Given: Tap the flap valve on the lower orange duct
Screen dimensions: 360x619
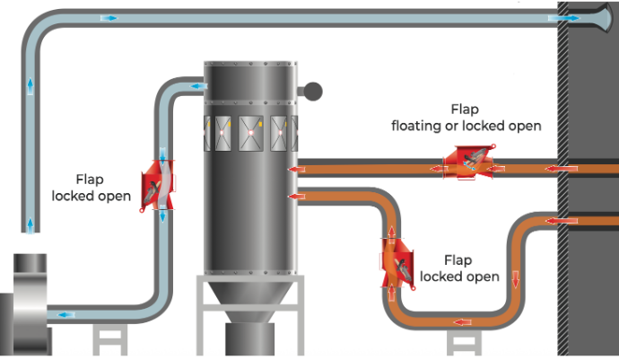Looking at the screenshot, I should [x=397, y=260].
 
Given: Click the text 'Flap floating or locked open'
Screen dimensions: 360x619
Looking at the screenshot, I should [x=466, y=118].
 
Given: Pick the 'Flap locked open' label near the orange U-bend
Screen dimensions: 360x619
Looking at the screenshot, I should [x=458, y=268].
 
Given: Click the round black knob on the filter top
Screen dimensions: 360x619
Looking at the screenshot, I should [x=311, y=90].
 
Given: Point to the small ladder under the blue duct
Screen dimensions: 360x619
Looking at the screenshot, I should [x=109, y=340].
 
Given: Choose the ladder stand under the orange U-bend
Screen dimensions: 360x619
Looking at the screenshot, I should [x=463, y=342].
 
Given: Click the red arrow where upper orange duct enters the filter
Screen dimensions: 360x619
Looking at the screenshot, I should [x=292, y=168].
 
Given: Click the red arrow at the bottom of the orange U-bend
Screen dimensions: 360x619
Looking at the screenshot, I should [x=463, y=321].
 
